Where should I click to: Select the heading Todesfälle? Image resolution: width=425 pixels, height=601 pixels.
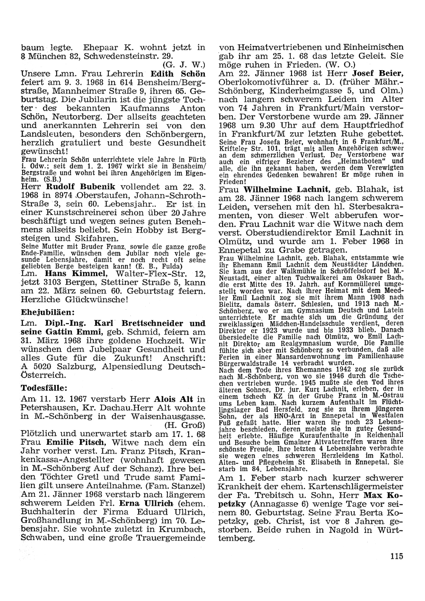(42, 388)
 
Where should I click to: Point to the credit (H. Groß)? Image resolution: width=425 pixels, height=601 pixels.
(184, 424)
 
